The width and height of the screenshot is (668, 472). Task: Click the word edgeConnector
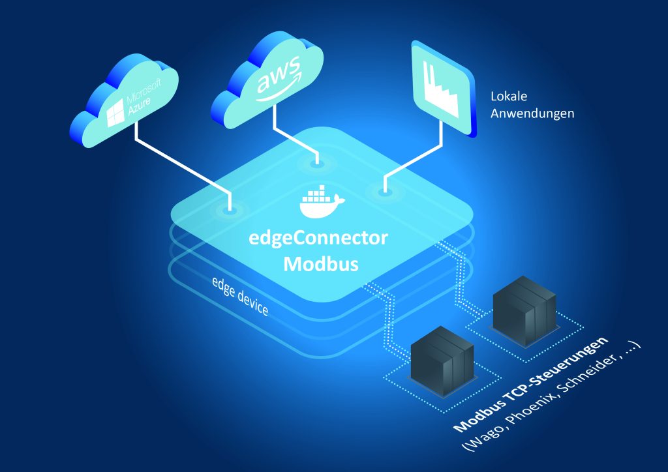point(318,239)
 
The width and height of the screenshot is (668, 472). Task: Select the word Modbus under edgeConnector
point(318,263)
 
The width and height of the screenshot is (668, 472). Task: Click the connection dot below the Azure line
point(230,211)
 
